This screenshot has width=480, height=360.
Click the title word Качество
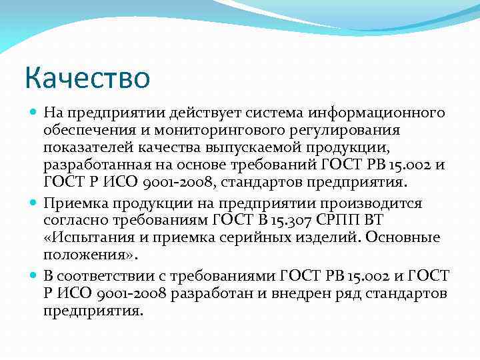(x=87, y=77)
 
